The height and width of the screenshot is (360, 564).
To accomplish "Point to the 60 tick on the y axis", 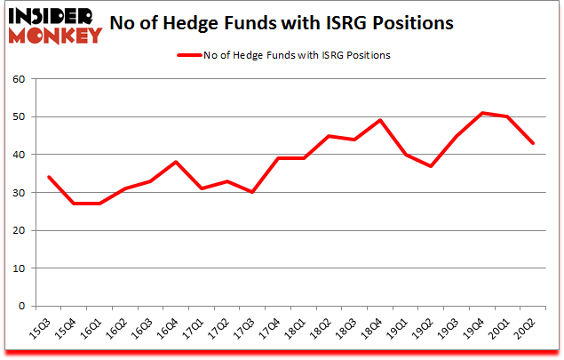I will click(x=19, y=79).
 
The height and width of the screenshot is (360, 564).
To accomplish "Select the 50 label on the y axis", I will click(x=19, y=117).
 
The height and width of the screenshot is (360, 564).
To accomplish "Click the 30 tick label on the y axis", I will click(x=19, y=193).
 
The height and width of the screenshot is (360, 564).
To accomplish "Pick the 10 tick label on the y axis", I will click(x=19, y=268).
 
